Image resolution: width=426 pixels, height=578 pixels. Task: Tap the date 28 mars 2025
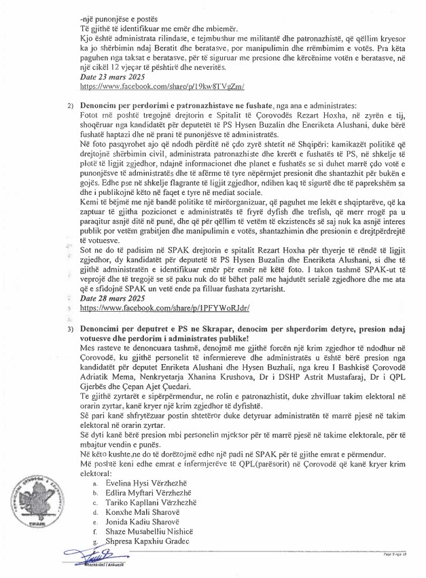107,297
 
